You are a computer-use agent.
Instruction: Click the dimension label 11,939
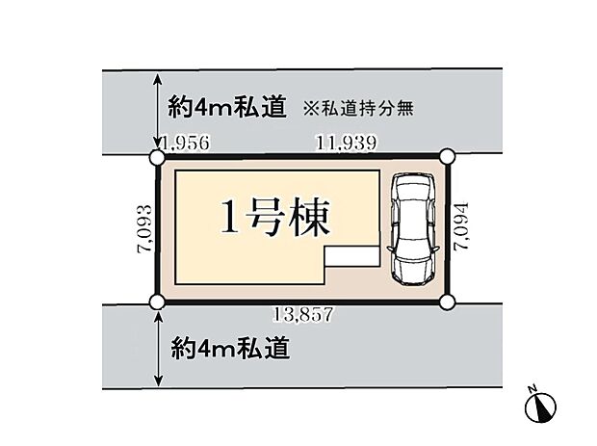pyautogui.click(x=347, y=144)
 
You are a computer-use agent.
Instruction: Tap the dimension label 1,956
pyautogui.click(x=186, y=144)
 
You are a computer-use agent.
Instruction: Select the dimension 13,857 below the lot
pyautogui.click(x=304, y=315)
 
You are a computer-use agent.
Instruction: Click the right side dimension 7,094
pyautogui.click(x=460, y=226)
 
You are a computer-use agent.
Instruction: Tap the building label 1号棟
pyautogui.click(x=274, y=218)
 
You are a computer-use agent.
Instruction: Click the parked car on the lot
pyautogui.click(x=413, y=229)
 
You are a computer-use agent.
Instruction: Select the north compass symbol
pyautogui.click(x=540, y=407)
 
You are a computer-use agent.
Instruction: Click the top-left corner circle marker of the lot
pyautogui.click(x=157, y=157)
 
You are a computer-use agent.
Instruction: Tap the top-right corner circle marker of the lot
pyautogui.click(x=447, y=156)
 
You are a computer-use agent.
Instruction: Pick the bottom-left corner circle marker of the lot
pyautogui.click(x=157, y=302)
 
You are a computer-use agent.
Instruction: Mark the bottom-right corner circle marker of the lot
pyautogui.click(x=447, y=302)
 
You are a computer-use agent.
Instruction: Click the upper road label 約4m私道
pyautogui.click(x=227, y=107)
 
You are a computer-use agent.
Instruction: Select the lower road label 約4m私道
pyautogui.click(x=230, y=348)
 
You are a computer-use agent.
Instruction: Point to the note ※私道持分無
pyautogui.click(x=358, y=109)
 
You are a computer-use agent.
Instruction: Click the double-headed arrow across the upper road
pyautogui.click(x=158, y=111)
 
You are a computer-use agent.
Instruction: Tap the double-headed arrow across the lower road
pyautogui.click(x=158, y=350)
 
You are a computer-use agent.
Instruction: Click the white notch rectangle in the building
pyautogui.click(x=351, y=255)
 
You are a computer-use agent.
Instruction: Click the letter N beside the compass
pyautogui.click(x=532, y=388)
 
